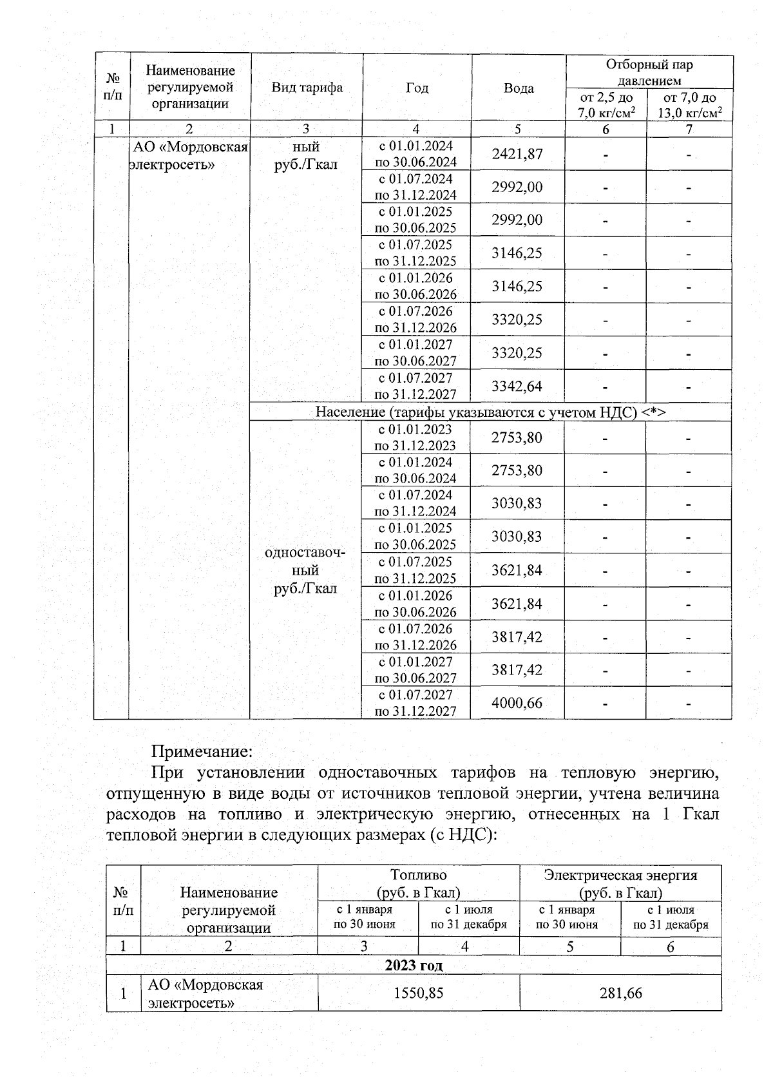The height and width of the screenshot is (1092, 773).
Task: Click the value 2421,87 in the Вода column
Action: pos(517,154)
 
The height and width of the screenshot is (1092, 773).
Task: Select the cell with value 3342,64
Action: pos(517,387)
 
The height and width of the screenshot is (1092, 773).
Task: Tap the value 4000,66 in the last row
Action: pos(517,703)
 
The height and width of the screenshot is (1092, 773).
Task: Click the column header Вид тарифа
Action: pos(307,88)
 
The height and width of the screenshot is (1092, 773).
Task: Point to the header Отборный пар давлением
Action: pos(649,72)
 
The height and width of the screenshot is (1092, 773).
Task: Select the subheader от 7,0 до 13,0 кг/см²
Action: pos(689,105)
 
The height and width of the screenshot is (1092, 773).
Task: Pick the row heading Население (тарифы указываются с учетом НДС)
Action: pos(490,412)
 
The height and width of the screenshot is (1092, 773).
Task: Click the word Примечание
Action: pos(202,751)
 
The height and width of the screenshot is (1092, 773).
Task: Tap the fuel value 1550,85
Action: pos(419,993)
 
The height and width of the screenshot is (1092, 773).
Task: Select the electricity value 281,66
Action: pos(620,993)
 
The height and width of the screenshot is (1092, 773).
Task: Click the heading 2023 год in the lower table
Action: pos(414,965)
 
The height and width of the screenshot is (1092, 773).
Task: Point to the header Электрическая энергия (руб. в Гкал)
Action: pos(620,883)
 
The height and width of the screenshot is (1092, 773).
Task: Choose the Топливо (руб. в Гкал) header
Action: pos(418,883)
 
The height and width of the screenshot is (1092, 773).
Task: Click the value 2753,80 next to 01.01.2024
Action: pos(517,470)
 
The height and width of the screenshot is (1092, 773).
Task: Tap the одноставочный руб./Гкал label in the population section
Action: pos(305,571)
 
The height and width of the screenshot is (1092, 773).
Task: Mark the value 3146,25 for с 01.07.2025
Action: pos(517,253)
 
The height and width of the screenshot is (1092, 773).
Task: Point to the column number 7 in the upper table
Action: pos(689,129)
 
